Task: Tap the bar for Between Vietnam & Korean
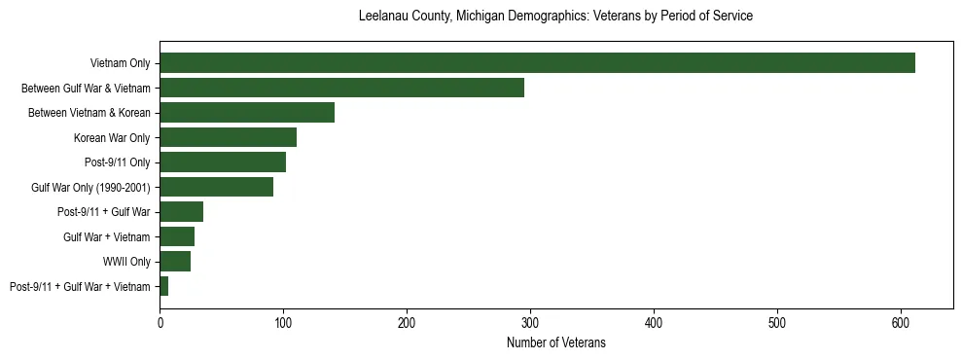click(247, 113)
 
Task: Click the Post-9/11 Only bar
click(223, 162)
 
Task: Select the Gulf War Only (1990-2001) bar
click(216, 187)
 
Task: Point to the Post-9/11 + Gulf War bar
click(182, 212)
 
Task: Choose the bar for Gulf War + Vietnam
click(177, 236)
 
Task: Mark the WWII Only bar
click(175, 262)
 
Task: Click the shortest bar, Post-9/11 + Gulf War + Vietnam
click(164, 286)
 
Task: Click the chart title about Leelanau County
click(555, 17)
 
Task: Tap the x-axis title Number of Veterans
click(555, 342)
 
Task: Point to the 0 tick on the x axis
click(160, 322)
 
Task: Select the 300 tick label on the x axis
click(530, 322)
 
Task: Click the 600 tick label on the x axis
click(901, 322)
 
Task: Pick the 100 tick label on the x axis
click(283, 322)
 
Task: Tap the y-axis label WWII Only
click(126, 262)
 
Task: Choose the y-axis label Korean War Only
click(112, 137)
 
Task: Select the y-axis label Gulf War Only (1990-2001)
click(90, 187)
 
